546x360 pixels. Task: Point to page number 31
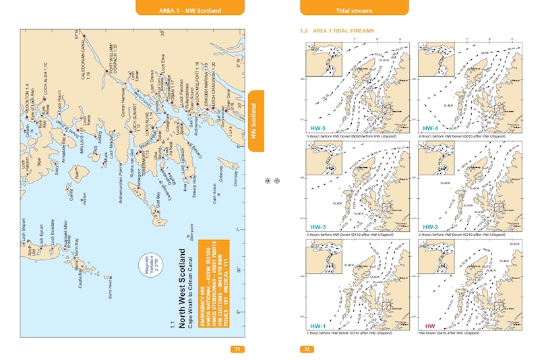point(237,349)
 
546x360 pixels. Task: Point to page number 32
point(306,349)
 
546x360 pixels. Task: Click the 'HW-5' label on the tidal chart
point(317,128)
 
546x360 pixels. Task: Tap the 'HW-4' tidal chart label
point(431,128)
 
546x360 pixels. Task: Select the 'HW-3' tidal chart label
point(317,227)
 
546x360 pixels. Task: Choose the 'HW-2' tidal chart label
point(431,227)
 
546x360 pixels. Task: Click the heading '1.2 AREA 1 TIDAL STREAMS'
point(336,31)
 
